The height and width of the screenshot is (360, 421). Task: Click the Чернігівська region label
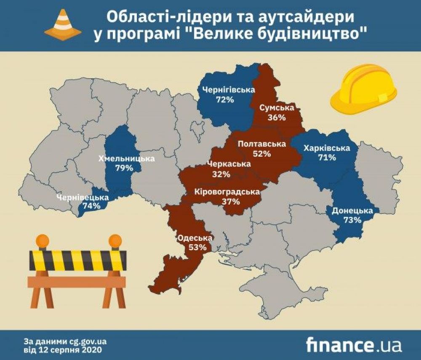click(x=223, y=90)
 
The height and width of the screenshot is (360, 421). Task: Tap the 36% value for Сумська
click(x=277, y=118)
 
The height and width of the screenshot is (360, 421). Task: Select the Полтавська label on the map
click(x=262, y=144)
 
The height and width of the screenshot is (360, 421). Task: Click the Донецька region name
click(x=352, y=211)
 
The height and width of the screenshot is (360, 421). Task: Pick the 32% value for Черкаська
click(x=221, y=174)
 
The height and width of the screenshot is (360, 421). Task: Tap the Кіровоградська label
click(x=227, y=192)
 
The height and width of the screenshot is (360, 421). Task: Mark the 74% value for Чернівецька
click(x=91, y=206)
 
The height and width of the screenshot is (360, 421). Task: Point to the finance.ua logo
click(x=354, y=344)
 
